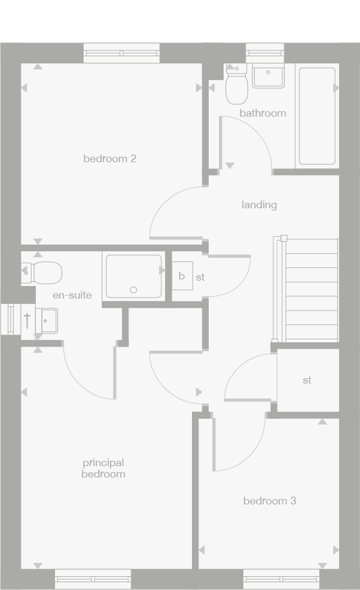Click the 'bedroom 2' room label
pyautogui.click(x=109, y=159)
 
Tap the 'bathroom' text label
pyautogui.click(x=263, y=113)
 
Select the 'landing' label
pyautogui.click(x=259, y=205)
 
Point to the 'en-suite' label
pyautogui.click(x=72, y=295)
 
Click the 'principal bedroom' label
pyautogui.click(x=103, y=468)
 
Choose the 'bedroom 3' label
pyautogui.click(x=269, y=501)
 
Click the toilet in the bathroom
pyautogui.click(x=237, y=89)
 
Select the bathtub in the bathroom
pyautogui.click(x=316, y=115)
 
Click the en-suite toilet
pyautogui.click(x=44, y=273)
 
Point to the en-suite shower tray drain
pyautogui.click(x=133, y=290)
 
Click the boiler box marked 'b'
pyautogui.click(x=182, y=276)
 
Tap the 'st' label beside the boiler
pyautogui.click(x=200, y=278)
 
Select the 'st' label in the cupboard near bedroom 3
pyautogui.click(x=307, y=380)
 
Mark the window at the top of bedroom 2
pyautogui.click(x=121, y=53)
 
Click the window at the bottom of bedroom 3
pyautogui.click(x=281, y=579)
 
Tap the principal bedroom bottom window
pyautogui.click(x=93, y=579)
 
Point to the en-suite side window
pyautogui.click(x=11, y=320)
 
